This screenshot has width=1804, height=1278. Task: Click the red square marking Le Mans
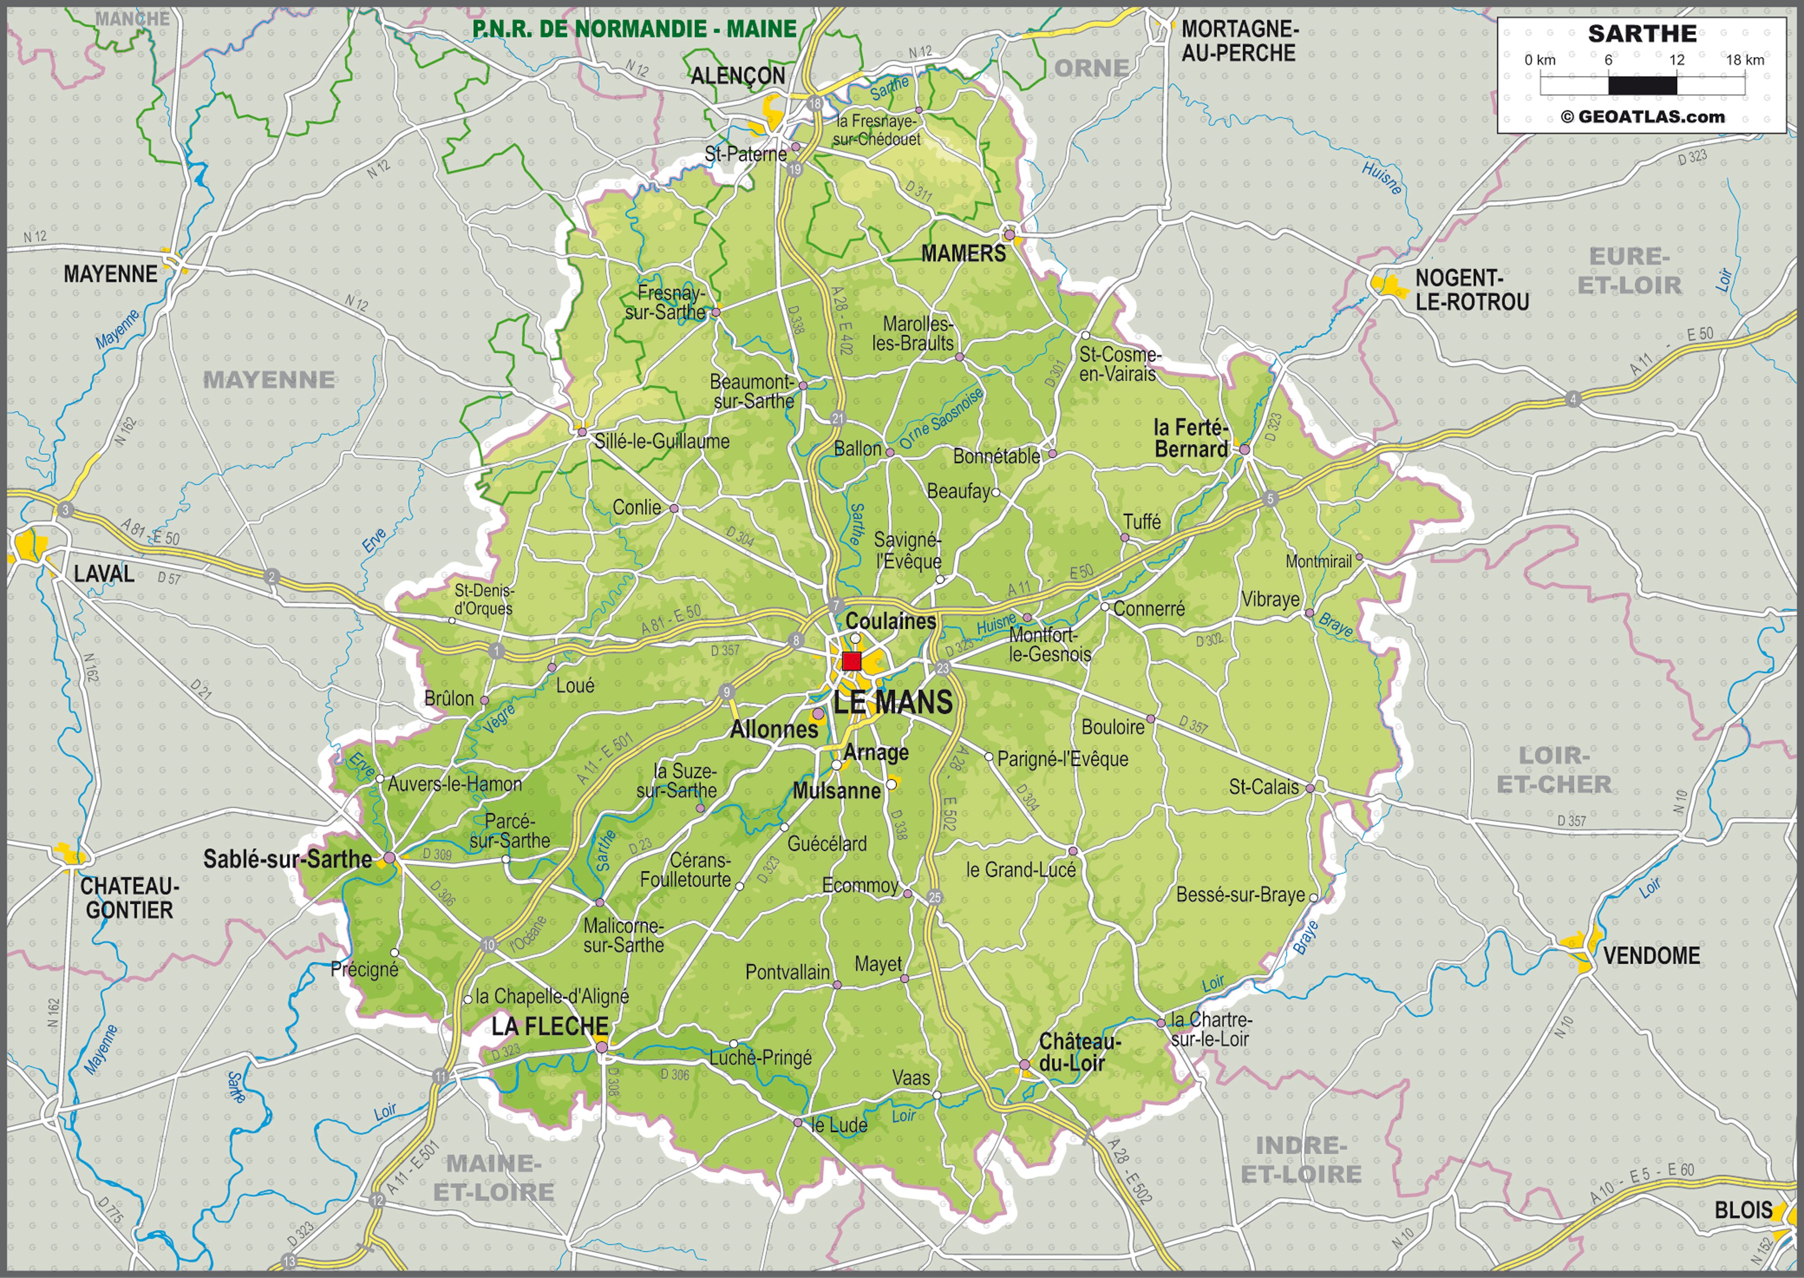click(851, 660)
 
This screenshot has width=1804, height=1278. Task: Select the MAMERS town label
click(963, 253)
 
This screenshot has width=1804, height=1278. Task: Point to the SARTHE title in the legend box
click(1642, 34)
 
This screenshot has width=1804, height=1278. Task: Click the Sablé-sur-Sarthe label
click(287, 859)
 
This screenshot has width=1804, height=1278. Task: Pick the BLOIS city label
click(1743, 1210)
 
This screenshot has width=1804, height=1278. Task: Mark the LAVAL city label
click(104, 573)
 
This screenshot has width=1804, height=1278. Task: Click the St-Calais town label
click(1264, 786)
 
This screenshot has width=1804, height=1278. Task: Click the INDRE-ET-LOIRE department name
click(1301, 1160)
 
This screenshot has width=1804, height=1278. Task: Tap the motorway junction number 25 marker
click(934, 897)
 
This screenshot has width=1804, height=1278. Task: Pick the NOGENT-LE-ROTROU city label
click(1471, 290)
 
